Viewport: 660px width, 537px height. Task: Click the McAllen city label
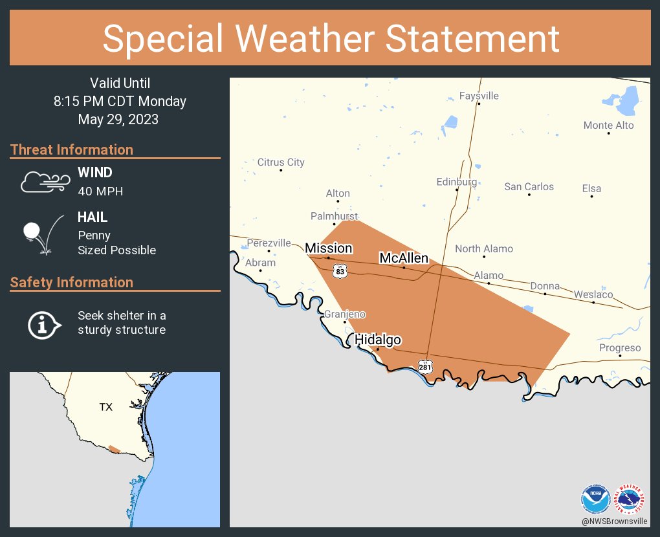click(x=404, y=258)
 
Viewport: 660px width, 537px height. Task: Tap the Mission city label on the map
click(x=329, y=248)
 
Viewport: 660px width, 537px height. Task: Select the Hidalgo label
click(x=378, y=340)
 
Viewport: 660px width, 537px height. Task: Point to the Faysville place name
click(x=479, y=96)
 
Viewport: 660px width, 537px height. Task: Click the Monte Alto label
click(x=608, y=125)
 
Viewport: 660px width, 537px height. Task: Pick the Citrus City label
click(x=281, y=162)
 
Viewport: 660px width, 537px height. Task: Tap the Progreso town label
click(x=620, y=348)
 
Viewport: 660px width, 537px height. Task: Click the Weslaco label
click(x=593, y=294)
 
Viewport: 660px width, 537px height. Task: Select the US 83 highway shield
click(x=340, y=272)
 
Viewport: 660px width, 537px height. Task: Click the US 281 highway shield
click(x=424, y=367)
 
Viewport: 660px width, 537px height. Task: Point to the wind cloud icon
click(x=45, y=182)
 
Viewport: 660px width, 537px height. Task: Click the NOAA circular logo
click(x=595, y=499)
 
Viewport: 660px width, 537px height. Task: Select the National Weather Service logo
click(x=630, y=499)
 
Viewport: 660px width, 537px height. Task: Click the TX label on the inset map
click(x=105, y=407)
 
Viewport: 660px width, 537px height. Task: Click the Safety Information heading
click(x=72, y=282)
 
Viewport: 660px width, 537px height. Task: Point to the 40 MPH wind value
click(x=100, y=192)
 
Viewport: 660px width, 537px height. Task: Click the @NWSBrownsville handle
click(x=614, y=521)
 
